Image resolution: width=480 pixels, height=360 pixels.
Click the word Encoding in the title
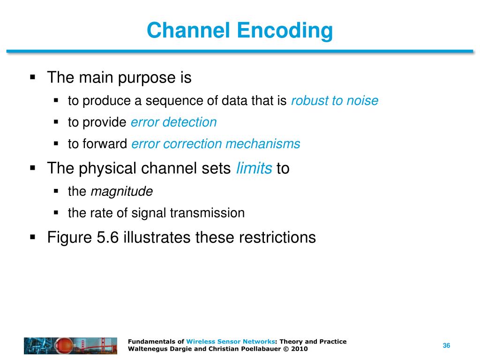pyautogui.click(x=285, y=31)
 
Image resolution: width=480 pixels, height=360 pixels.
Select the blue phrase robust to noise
pyautogui.click(x=335, y=101)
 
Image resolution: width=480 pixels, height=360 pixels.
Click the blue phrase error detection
pyautogui.click(x=174, y=122)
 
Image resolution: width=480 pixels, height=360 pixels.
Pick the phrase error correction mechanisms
pyautogui.click(x=216, y=144)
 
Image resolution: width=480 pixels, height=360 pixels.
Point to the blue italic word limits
pyautogui.click(x=254, y=168)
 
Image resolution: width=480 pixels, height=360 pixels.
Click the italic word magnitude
pyautogui.click(x=121, y=191)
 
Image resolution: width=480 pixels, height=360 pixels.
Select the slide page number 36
pyautogui.click(x=446, y=345)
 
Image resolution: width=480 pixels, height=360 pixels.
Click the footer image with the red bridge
pyautogui.click(x=71, y=345)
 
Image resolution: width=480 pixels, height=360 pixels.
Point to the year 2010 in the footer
pyautogui.click(x=300, y=349)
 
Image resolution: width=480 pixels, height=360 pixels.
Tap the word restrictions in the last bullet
pyautogui.click(x=277, y=237)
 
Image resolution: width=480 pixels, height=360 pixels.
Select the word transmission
pyautogui.click(x=207, y=213)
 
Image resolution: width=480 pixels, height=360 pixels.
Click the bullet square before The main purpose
pyautogui.click(x=32, y=77)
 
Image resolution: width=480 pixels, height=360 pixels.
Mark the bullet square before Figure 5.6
pyautogui.click(x=32, y=237)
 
